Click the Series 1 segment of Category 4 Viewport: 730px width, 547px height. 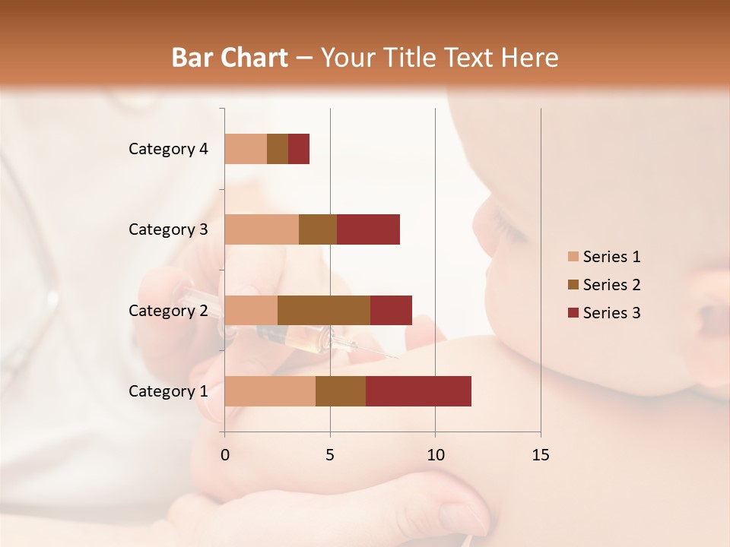246,149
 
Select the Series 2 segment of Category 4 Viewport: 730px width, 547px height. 278,149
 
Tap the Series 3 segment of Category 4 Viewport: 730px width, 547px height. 299,149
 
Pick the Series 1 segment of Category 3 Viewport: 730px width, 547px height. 262,229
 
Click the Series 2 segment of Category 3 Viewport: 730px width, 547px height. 318,229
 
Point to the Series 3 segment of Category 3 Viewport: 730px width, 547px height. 368,229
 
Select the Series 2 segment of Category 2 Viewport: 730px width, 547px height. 324,310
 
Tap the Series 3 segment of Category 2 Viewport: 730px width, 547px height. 391,310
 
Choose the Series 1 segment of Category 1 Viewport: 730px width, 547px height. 270,390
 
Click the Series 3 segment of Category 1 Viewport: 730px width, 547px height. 418,390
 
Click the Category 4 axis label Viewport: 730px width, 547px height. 168,149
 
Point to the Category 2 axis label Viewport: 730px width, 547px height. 168,310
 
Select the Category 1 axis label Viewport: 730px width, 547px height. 168,391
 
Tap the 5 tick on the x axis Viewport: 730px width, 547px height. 330,455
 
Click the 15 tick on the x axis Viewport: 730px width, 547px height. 540,455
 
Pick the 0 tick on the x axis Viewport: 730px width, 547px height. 225,455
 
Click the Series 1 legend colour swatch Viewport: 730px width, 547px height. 573,257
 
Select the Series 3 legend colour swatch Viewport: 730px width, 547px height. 573,313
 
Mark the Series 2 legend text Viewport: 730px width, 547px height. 611,285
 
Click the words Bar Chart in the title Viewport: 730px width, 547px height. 229,57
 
